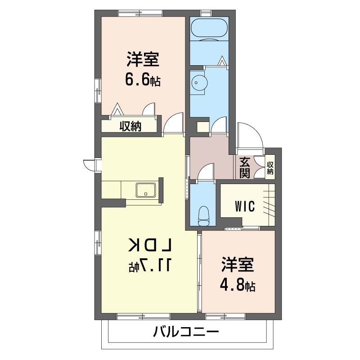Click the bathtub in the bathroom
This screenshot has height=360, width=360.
point(209,29)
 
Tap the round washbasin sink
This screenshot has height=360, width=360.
point(199,83)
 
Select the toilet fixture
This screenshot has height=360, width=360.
point(203,216)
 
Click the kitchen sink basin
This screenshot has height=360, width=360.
point(146,190)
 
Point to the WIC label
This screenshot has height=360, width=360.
point(245,206)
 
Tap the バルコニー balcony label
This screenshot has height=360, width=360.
point(186,332)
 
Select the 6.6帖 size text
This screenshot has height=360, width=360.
point(143,79)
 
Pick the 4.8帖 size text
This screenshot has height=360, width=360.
point(238,285)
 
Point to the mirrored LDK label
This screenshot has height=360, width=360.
point(151,245)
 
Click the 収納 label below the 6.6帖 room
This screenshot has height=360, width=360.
point(130,126)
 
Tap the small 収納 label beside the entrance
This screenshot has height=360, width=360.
point(270,168)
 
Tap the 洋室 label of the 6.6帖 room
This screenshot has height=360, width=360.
point(143,59)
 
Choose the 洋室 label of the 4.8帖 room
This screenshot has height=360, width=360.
point(238,265)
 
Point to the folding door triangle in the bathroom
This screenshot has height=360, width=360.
point(222,61)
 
